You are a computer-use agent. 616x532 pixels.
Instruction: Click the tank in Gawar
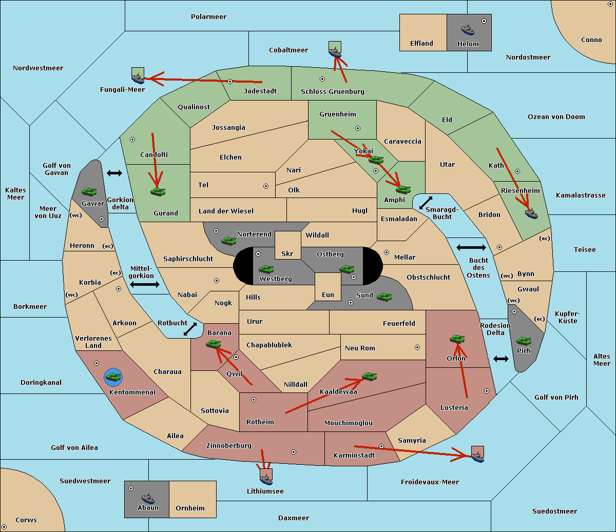tap(89, 191)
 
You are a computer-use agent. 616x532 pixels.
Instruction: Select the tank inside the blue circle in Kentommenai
tap(113, 377)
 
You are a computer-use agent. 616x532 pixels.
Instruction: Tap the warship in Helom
tap(468, 30)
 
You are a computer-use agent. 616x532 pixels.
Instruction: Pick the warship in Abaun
tap(148, 499)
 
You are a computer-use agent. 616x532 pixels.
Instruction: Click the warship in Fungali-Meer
tap(138, 78)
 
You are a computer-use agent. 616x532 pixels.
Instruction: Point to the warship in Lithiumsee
tap(266, 479)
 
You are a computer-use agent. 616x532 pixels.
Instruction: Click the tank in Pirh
tap(524, 341)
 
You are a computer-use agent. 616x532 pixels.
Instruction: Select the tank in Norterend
tap(228, 241)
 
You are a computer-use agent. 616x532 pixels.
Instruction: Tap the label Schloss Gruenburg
tap(332, 91)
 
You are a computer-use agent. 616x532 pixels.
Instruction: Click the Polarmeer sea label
tap(208, 17)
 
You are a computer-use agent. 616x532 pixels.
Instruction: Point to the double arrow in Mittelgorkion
tap(145, 284)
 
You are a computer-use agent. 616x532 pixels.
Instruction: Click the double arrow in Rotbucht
tap(190, 329)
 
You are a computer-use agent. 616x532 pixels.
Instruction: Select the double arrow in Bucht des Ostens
tap(471, 247)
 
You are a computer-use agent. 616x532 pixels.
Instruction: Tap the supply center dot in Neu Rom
tap(417, 347)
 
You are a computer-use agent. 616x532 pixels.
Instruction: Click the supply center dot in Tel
tap(266, 186)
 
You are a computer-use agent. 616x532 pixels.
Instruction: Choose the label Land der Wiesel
tap(226, 211)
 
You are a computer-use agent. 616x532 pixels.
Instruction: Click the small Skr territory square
tap(287, 245)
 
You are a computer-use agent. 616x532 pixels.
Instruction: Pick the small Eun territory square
tap(328, 287)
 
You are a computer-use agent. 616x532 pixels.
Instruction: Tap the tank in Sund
tap(384, 297)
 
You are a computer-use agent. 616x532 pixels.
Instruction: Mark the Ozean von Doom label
tap(556, 117)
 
